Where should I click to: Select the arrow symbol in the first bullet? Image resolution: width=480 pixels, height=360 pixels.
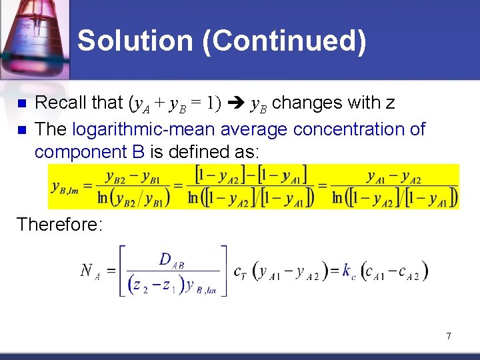(236, 103)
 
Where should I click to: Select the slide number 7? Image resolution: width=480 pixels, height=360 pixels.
(449, 336)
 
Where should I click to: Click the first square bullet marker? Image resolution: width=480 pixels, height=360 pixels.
(20, 104)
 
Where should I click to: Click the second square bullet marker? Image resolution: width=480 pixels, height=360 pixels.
(20, 130)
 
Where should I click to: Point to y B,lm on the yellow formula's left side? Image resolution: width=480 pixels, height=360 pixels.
(65, 186)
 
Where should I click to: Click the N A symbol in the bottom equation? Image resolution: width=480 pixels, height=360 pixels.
(91, 270)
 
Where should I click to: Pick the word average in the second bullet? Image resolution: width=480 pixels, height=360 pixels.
(253, 129)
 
